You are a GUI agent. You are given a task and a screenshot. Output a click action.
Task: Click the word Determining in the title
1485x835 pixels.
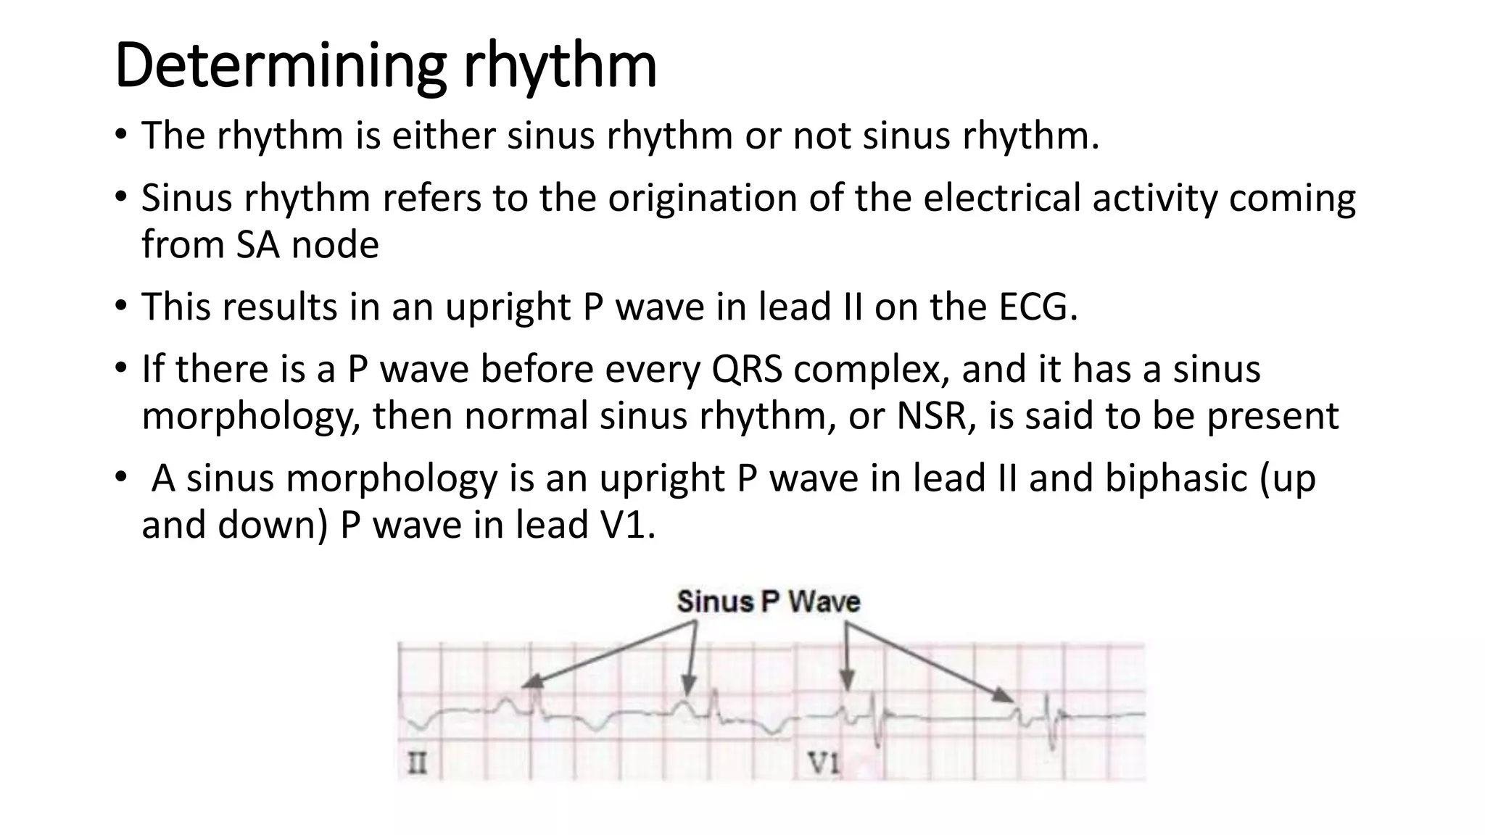tap(279, 67)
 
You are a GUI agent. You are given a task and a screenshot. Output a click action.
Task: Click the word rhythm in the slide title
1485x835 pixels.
tap(560, 67)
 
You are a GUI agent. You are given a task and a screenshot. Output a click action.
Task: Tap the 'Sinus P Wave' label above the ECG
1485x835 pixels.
tap(768, 602)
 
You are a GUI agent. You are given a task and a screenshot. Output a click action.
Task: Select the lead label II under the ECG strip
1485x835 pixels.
tap(417, 763)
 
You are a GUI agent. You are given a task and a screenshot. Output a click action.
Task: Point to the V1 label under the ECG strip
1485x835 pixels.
tap(824, 763)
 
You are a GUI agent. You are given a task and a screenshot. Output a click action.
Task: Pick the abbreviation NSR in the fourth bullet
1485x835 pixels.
tap(936, 415)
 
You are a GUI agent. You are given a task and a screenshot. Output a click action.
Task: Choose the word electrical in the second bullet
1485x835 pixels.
tap(1004, 198)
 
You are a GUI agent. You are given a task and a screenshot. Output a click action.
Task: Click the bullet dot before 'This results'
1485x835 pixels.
tap(120, 307)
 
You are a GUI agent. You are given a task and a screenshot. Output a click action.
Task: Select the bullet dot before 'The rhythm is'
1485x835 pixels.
tap(120, 136)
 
